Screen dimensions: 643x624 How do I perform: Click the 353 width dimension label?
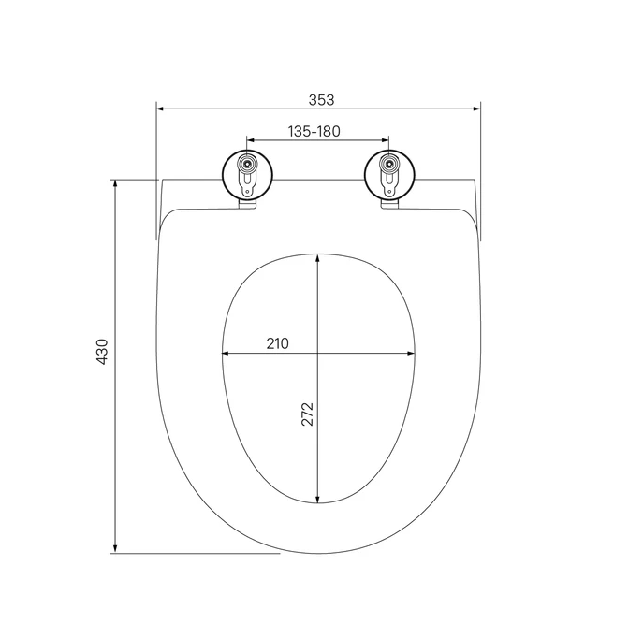(x=322, y=100)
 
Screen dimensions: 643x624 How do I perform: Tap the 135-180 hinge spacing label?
(x=314, y=131)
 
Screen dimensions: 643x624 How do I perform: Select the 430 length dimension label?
(x=102, y=352)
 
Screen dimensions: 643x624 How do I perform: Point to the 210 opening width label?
(x=278, y=343)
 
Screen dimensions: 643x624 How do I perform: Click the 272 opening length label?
(x=308, y=414)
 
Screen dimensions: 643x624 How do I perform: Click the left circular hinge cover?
(x=247, y=175)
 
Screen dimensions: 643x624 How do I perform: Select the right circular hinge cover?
(x=389, y=175)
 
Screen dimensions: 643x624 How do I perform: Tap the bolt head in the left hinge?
(x=247, y=164)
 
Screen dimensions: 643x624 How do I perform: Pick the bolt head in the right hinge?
(x=388, y=164)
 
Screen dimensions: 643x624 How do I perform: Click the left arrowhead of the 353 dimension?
(x=160, y=109)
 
